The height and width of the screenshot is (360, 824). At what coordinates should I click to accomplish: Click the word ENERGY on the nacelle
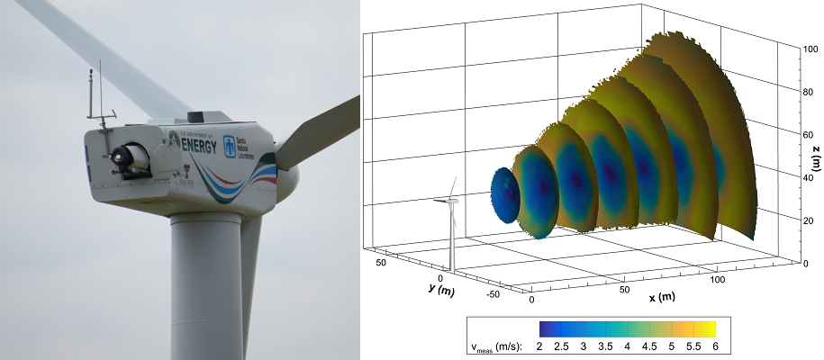pos(199,146)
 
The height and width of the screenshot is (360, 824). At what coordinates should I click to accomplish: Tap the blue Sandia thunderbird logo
pos(230,145)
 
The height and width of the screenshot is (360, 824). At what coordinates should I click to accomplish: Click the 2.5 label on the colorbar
pos(564,346)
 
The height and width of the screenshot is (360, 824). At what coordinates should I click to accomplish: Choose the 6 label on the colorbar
pos(714,346)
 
